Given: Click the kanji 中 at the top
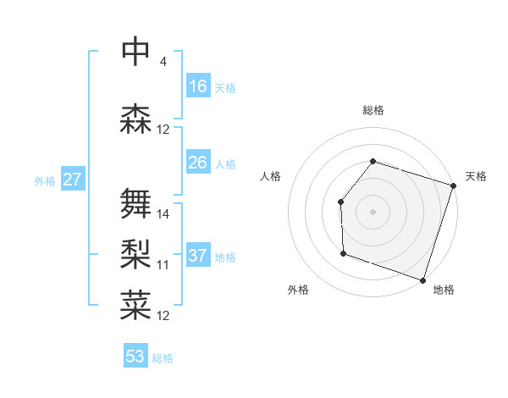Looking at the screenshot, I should [135, 53].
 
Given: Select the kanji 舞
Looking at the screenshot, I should [135, 204].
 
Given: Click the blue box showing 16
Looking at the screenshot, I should [198, 86].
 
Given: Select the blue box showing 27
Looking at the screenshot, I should [72, 180].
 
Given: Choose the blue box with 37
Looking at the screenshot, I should [198, 256].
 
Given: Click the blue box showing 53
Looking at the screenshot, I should [135, 357].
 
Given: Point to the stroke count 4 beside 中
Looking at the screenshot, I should [163, 62].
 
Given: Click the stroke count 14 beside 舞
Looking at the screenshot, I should [163, 213].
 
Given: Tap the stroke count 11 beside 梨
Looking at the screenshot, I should [163, 264].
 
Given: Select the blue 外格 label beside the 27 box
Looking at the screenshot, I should [45, 180].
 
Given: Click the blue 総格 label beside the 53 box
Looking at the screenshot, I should [163, 358].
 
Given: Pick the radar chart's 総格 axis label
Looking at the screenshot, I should [373, 110].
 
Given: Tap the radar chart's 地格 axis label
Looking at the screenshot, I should [444, 290].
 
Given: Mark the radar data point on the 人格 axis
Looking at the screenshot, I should [340, 202].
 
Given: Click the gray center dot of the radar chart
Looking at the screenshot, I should [373, 211].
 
